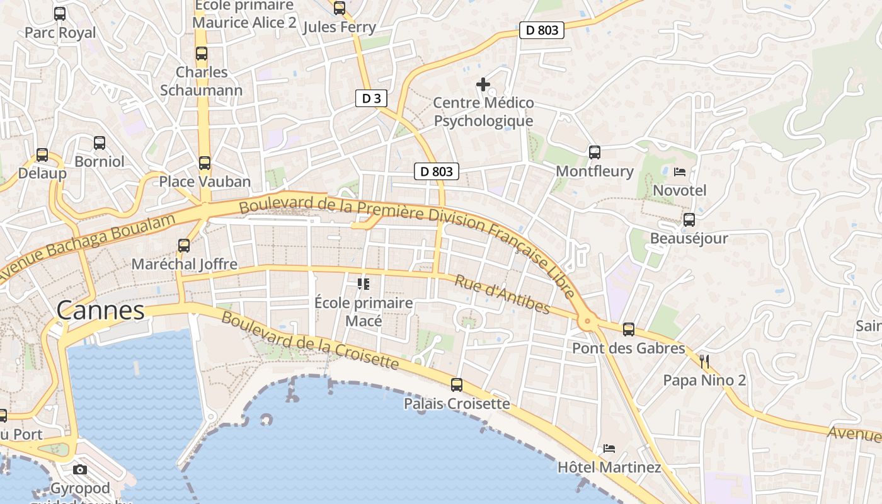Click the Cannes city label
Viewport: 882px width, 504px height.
100,310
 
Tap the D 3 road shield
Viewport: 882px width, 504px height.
371,98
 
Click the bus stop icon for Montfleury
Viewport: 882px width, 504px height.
594,152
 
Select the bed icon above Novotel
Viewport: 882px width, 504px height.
679,171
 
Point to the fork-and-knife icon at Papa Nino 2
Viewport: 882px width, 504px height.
704,361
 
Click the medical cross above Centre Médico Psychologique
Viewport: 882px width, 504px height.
483,84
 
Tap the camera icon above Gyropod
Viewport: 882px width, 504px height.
80,469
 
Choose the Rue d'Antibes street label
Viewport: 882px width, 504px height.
501,294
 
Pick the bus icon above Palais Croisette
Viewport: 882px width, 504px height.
457,384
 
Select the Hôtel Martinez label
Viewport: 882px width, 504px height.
609,467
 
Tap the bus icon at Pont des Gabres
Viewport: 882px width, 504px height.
628,329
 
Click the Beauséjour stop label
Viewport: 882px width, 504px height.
689,238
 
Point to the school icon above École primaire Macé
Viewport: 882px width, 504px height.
363,284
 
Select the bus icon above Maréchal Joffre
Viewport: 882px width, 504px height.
184,245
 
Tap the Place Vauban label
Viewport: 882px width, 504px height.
205,181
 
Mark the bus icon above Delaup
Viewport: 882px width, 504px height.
42,154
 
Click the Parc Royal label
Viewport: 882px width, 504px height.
60,32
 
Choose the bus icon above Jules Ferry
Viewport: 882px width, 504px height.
340,8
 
